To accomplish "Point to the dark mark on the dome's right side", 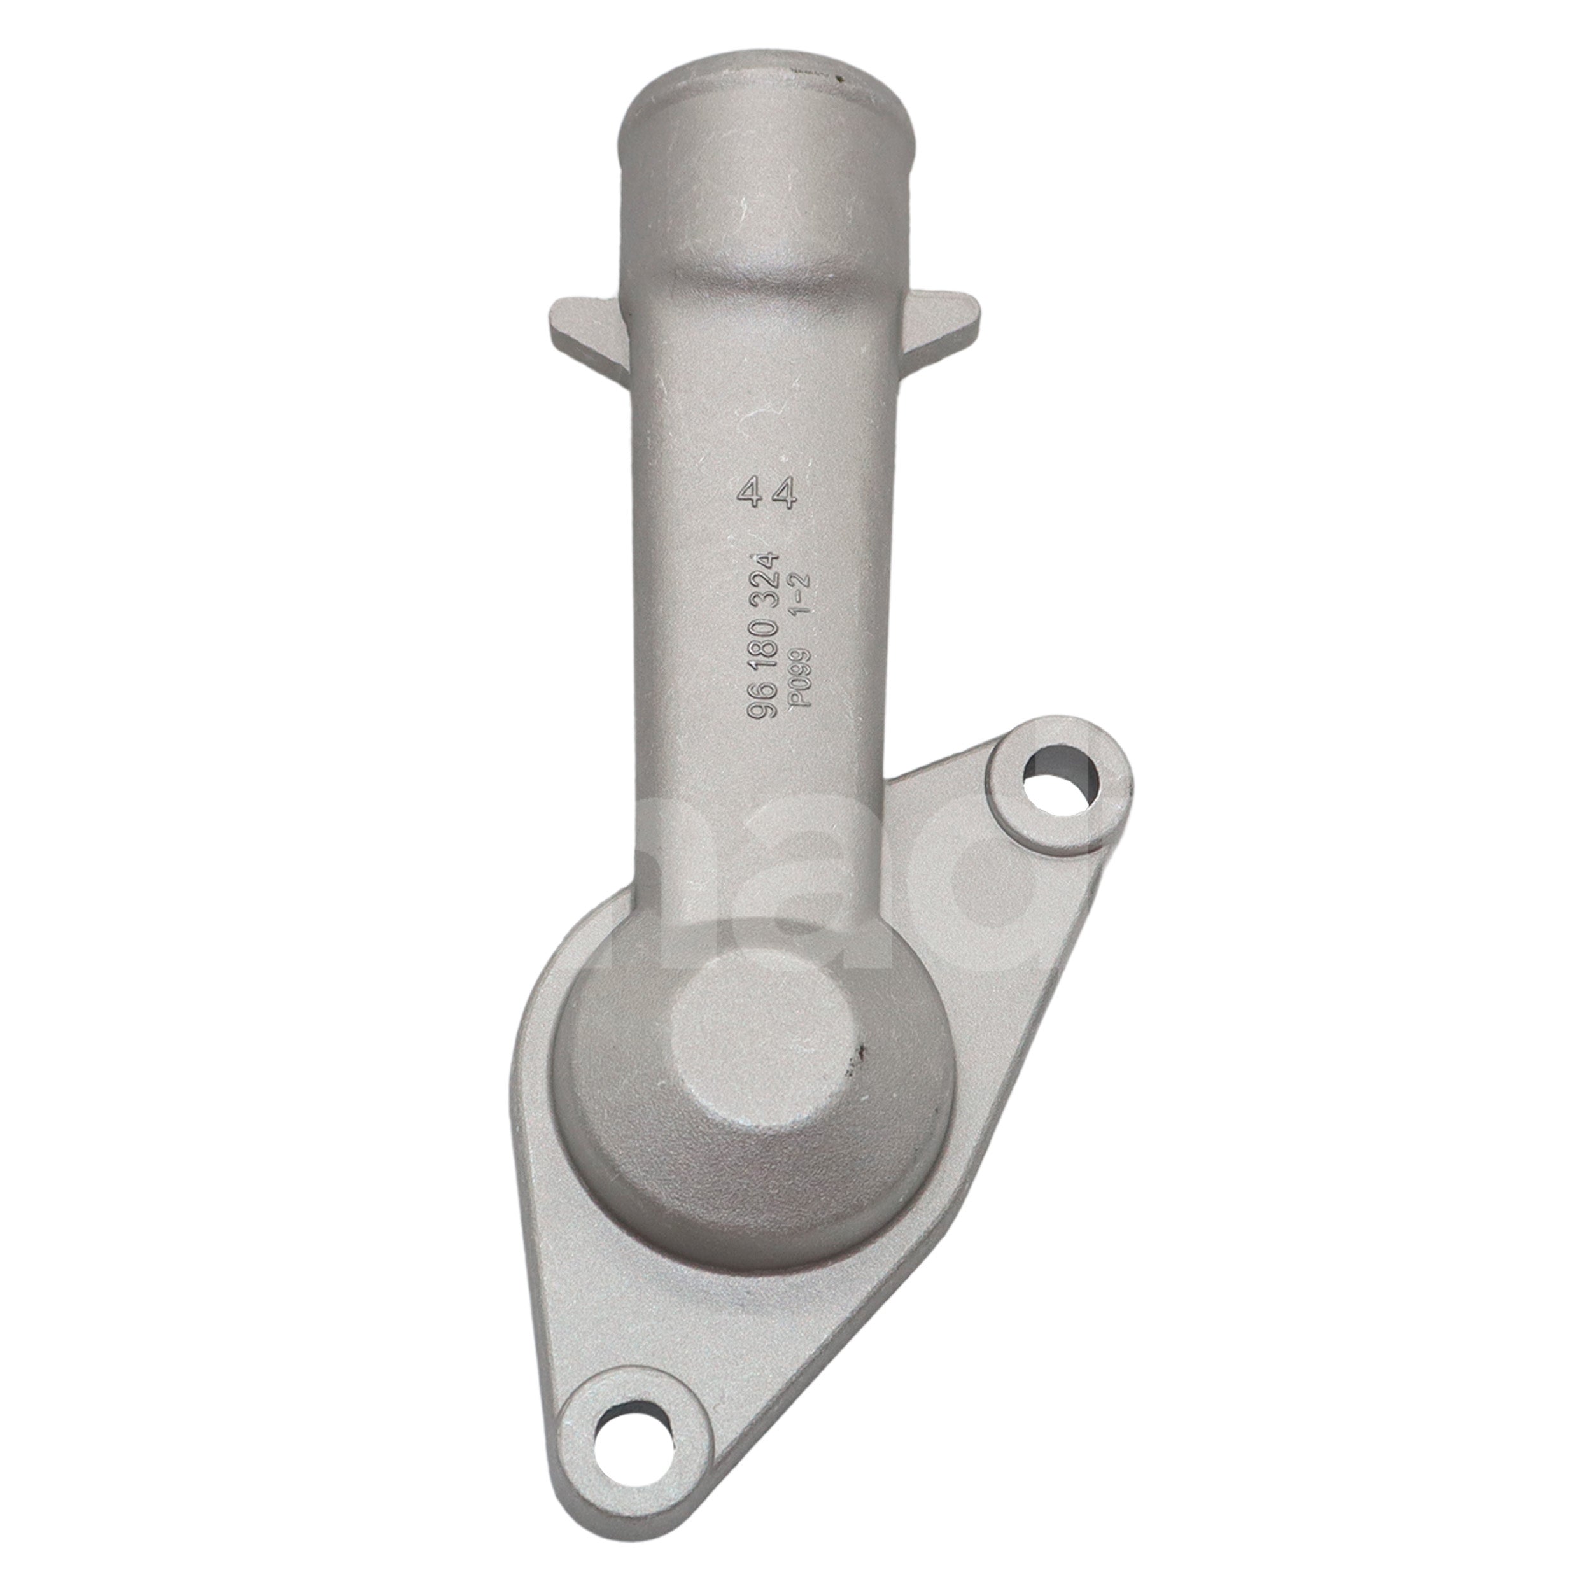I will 858,1056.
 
